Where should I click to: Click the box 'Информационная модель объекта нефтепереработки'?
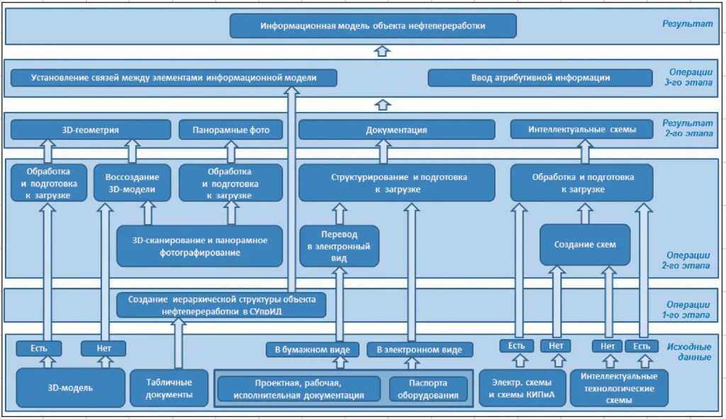(x=373, y=26)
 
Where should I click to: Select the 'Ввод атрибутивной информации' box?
(x=540, y=78)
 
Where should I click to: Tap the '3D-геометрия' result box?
(x=91, y=130)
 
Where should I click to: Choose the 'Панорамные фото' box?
(x=230, y=130)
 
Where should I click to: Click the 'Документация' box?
(x=396, y=130)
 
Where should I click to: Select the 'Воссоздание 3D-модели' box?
(x=133, y=183)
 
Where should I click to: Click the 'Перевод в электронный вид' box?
(x=339, y=246)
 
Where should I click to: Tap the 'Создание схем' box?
(x=585, y=245)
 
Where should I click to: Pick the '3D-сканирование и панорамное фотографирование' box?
(x=200, y=246)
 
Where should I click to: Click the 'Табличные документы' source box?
(x=169, y=388)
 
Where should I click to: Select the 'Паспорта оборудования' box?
(x=428, y=389)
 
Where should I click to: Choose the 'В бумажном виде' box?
(x=312, y=350)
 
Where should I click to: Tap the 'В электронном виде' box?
(x=419, y=350)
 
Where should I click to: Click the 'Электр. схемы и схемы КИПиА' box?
(x=523, y=388)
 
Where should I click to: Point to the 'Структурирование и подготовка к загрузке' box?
(x=396, y=183)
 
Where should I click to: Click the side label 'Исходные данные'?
(x=688, y=352)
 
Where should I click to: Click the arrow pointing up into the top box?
(x=383, y=50)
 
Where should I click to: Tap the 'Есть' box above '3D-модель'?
(x=38, y=348)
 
